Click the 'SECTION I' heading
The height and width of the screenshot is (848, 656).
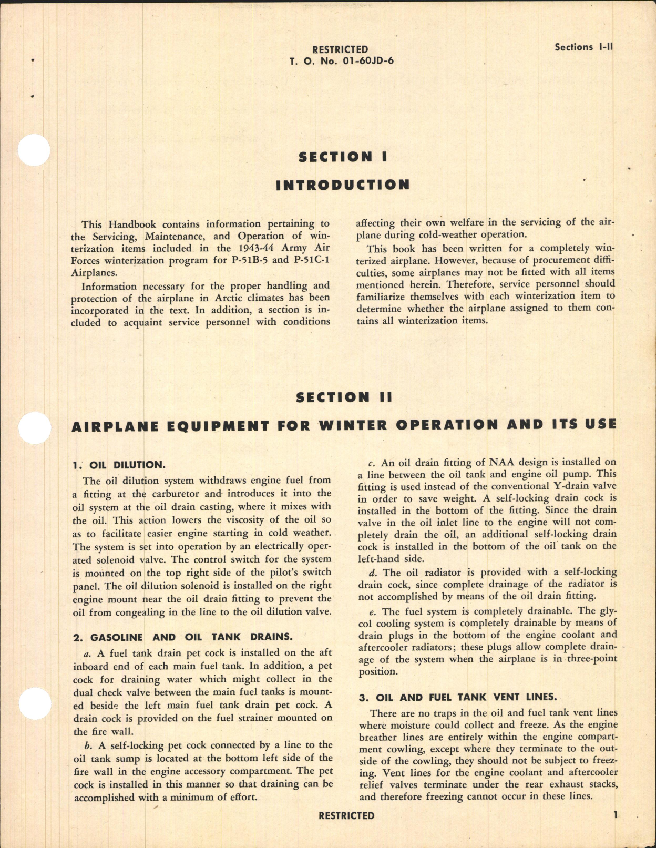point(343,157)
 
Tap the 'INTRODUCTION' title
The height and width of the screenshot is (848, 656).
point(343,185)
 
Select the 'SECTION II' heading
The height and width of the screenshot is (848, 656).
point(344,397)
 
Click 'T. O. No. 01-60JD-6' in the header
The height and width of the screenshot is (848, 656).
point(341,60)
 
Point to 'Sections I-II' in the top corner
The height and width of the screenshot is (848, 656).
point(583,47)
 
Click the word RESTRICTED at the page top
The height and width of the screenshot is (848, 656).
point(340,49)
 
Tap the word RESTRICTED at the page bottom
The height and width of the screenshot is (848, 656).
point(346,815)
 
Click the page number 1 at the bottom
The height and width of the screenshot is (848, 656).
point(614,815)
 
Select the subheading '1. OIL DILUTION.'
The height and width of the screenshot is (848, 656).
point(119,465)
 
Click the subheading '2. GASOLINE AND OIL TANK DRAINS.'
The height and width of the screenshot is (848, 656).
point(182,637)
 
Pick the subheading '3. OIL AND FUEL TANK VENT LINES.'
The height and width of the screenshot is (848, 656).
point(457,698)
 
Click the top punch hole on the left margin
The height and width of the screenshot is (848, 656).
point(34,151)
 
